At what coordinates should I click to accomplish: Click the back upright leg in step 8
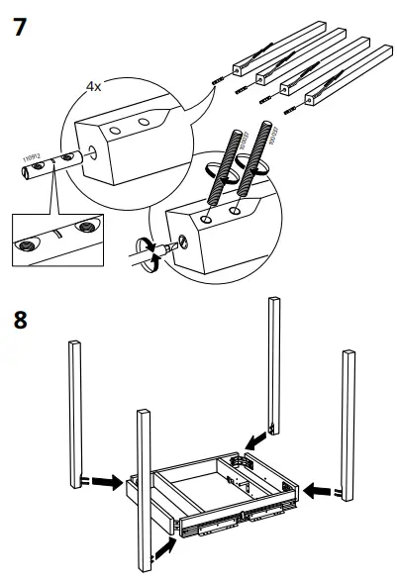(x=272, y=366)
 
